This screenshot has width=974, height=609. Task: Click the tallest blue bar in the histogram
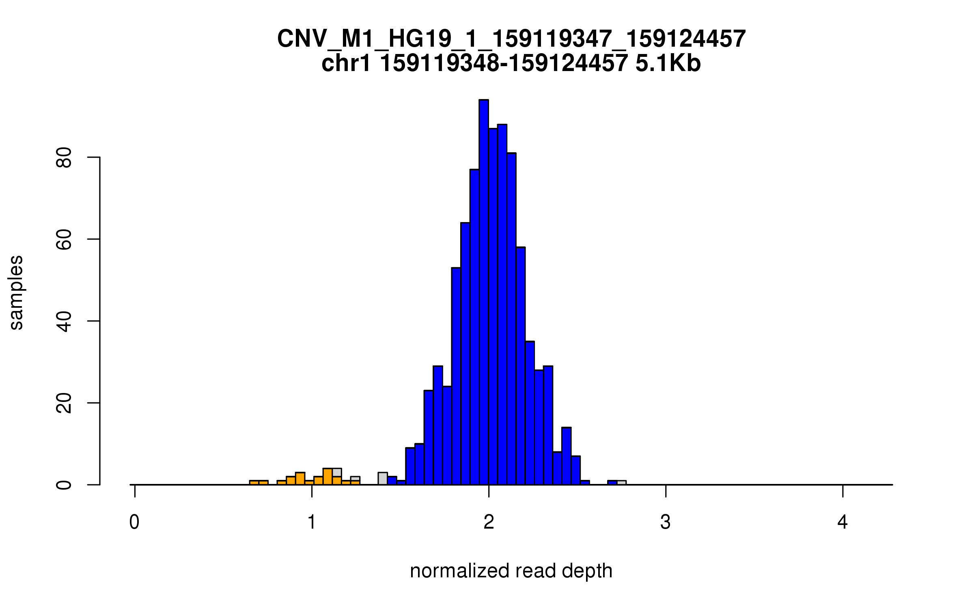click(483, 292)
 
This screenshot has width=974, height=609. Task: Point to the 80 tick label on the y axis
click(64, 158)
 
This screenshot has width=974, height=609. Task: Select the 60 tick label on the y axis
click(64, 240)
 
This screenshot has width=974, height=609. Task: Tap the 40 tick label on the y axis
click(64, 322)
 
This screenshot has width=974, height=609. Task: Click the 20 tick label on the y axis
click(64, 403)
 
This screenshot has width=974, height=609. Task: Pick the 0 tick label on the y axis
click(64, 485)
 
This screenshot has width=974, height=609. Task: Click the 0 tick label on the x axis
click(134, 522)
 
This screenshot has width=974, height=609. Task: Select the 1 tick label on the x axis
click(312, 522)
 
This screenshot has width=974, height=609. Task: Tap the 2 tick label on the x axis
click(489, 522)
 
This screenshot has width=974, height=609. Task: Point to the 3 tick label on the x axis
click(666, 522)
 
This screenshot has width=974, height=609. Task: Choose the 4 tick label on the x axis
click(843, 522)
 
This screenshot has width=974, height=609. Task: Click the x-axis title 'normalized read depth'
click(511, 571)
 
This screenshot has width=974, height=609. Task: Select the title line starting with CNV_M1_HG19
click(511, 39)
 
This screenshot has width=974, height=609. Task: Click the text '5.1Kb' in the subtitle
click(668, 63)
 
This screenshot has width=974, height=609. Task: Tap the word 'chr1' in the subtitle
click(346, 63)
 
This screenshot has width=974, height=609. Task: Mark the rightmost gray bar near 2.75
click(621, 483)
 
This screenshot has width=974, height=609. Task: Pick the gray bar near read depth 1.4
click(382, 479)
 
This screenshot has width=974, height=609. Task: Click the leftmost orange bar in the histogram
click(254, 483)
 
